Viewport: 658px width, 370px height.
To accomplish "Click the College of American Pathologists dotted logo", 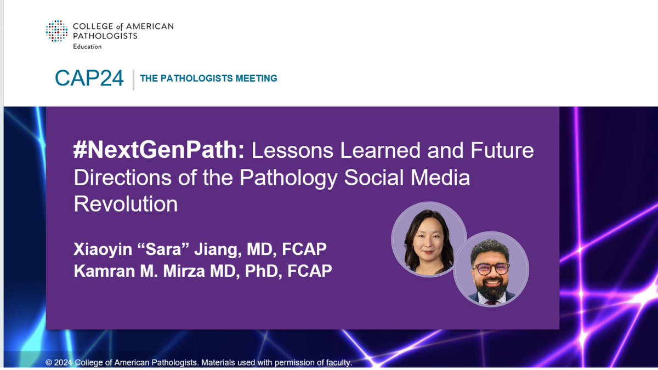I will (57, 31).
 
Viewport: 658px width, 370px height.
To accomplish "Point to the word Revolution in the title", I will (126, 204).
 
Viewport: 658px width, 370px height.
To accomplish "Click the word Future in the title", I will (497, 150).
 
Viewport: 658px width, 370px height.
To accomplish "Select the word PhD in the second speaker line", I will (252, 270).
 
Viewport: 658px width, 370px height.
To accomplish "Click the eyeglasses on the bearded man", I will (491, 269).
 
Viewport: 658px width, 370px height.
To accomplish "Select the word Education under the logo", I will (87, 47).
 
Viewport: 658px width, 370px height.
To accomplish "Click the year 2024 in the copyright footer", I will (63, 363).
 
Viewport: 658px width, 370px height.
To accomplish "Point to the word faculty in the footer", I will (335, 363).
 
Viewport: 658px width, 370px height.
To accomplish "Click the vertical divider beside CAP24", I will (133, 79).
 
